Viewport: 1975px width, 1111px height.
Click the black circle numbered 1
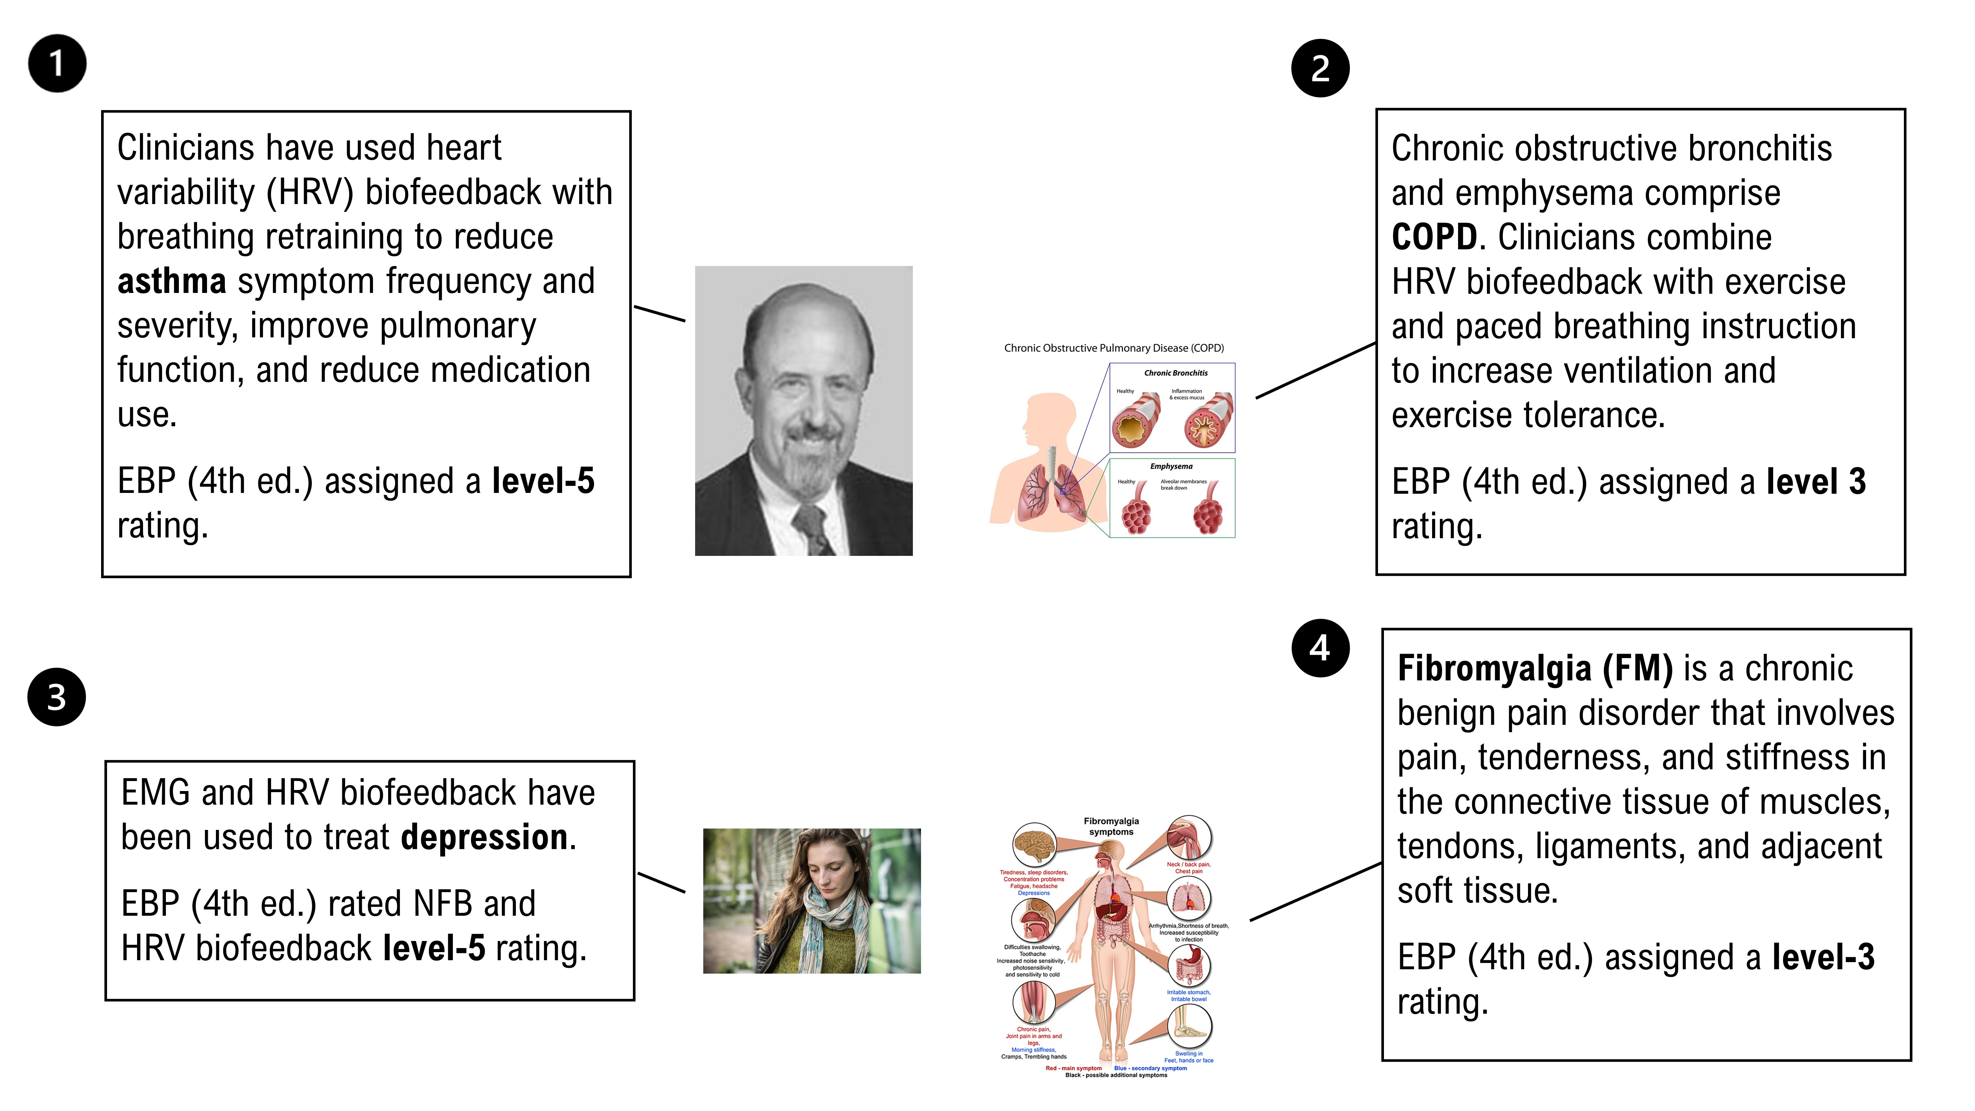57,64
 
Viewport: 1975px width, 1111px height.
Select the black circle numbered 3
57,697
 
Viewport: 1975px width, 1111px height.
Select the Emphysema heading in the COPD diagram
1171,466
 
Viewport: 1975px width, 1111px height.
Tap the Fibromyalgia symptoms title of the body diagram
1111,827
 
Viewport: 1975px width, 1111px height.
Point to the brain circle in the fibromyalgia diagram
1034,844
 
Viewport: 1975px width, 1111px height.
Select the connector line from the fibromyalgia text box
1316,891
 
